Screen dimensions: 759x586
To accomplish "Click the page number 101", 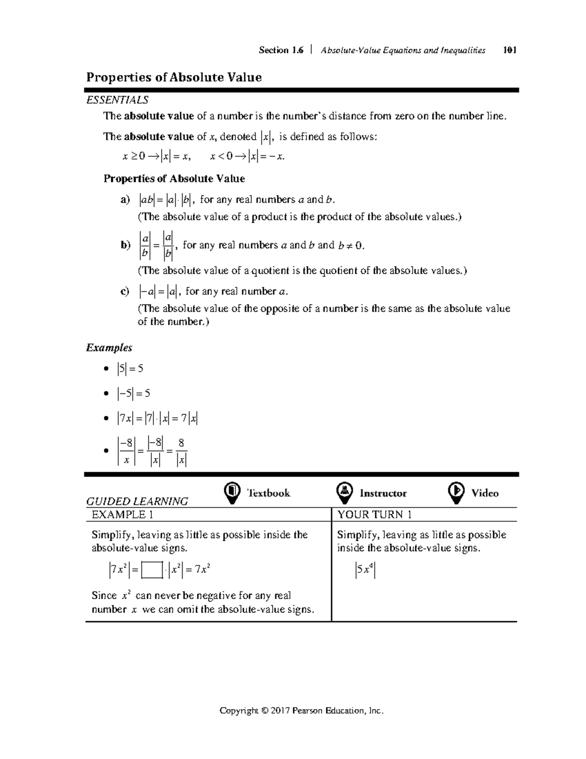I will pos(509,50).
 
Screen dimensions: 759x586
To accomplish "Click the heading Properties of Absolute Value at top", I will pos(174,77).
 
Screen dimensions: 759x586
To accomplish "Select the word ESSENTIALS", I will pos(117,100).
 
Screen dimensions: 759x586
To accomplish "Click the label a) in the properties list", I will pos(126,199).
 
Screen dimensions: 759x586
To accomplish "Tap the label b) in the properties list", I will pos(126,245).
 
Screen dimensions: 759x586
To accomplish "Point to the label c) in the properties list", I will pos(125,292).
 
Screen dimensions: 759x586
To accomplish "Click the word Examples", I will pos(109,347).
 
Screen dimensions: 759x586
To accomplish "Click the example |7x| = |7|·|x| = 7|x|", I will pos(157,418).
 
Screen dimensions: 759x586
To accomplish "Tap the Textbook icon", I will pos(232,493).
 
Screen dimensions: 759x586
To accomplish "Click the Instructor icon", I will pos(345,493).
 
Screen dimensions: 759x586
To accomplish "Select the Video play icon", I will pos(456,493).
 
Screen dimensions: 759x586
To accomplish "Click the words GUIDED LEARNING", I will pos(137,501).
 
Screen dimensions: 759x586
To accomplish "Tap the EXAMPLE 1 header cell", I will pos(119,515).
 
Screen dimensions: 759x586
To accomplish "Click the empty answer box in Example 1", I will pos(152,570).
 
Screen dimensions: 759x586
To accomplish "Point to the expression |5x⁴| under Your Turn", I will pos(365,570).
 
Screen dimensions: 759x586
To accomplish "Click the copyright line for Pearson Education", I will pos(301,711).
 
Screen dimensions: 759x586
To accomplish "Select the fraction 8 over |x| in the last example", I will pos(181,451).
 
